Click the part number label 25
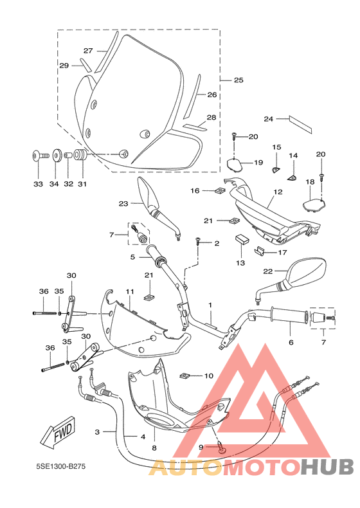coord(239,80)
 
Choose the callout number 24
coord(269,119)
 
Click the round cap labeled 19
coord(236,163)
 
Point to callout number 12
coord(278,192)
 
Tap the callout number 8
coord(154,448)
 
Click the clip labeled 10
coord(184,375)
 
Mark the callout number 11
coord(129,291)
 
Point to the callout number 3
coord(98,432)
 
